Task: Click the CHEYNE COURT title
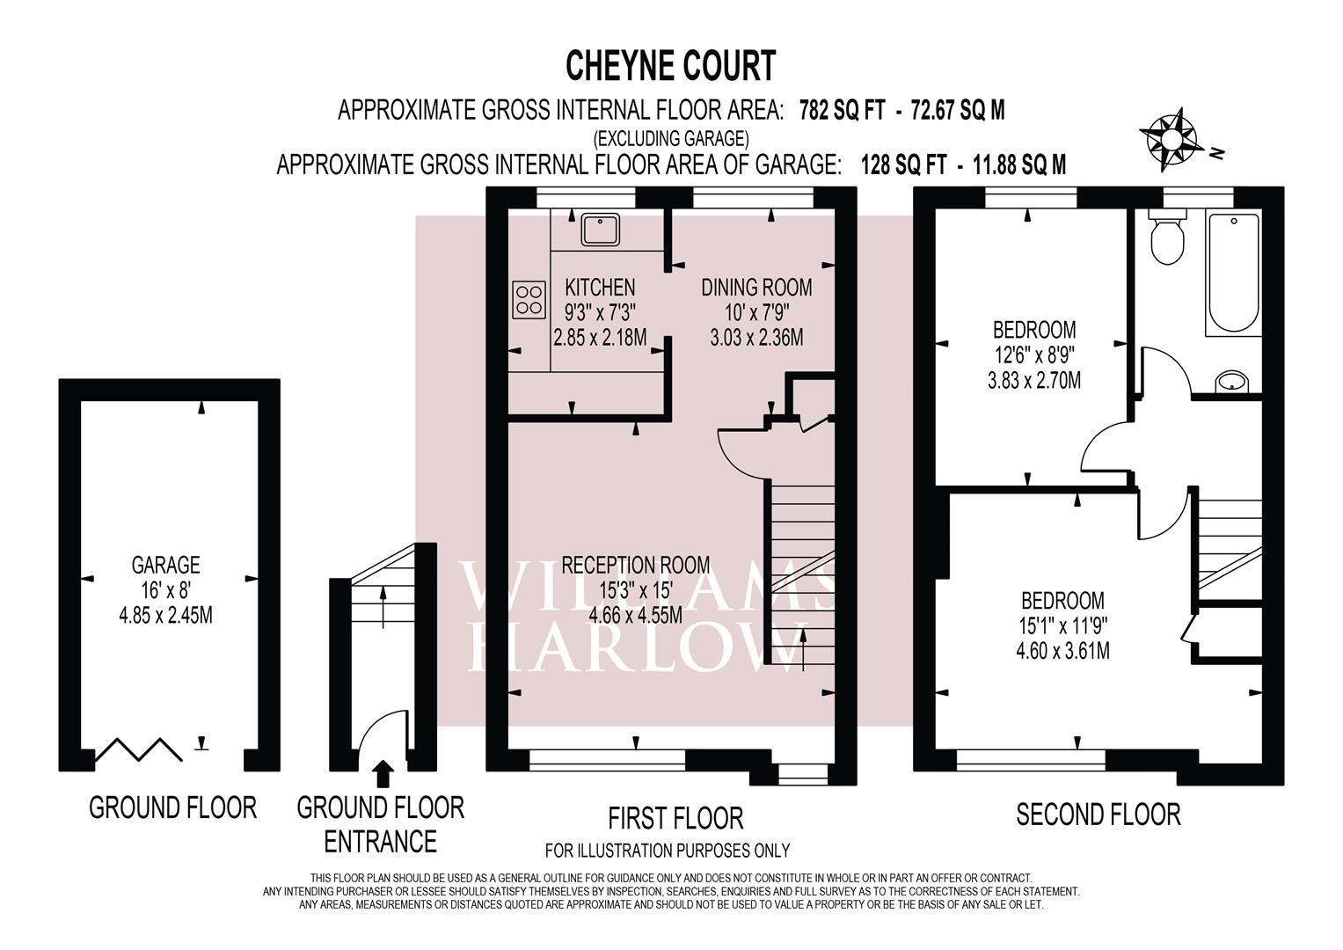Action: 671,66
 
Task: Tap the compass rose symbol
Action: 1169,139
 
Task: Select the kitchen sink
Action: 600,230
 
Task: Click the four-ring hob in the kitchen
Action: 529,299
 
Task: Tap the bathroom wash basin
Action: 1232,382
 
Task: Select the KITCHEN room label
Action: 600,288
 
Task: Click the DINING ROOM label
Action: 756,288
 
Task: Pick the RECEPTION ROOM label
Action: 636,565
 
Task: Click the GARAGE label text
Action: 165,565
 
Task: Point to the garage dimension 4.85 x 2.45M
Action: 165,616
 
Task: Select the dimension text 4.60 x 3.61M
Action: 1063,651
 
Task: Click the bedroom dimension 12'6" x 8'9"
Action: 1035,355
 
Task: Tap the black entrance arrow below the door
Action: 383,774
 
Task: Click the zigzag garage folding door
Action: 139,749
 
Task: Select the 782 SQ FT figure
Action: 843,110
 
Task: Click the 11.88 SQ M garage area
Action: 1019,164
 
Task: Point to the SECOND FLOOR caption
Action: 1098,815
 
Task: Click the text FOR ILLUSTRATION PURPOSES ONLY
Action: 668,851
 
